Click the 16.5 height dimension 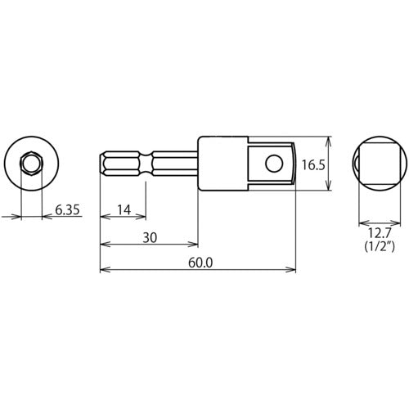(x=313, y=164)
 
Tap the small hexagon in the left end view (x=30, y=164)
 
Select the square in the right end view (x=378, y=164)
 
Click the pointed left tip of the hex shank (x=101, y=164)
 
